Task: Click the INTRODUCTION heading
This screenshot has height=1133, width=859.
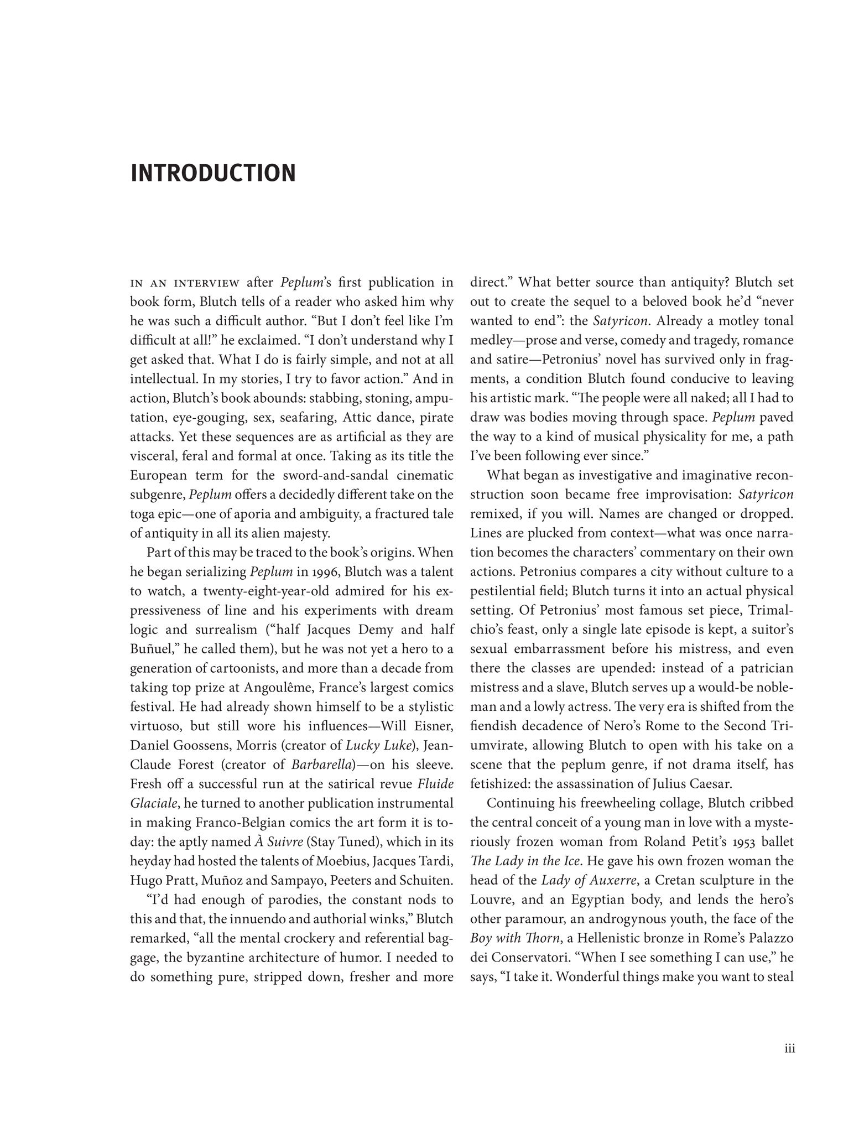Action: (x=213, y=173)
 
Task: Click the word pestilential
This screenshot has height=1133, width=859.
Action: (x=504, y=591)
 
